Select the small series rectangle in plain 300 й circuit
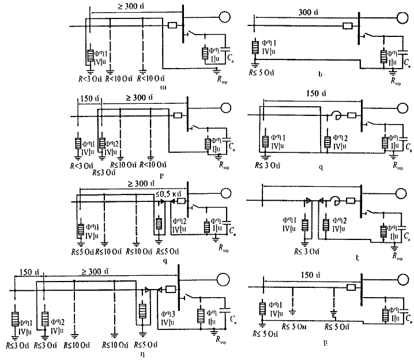[347, 25]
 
